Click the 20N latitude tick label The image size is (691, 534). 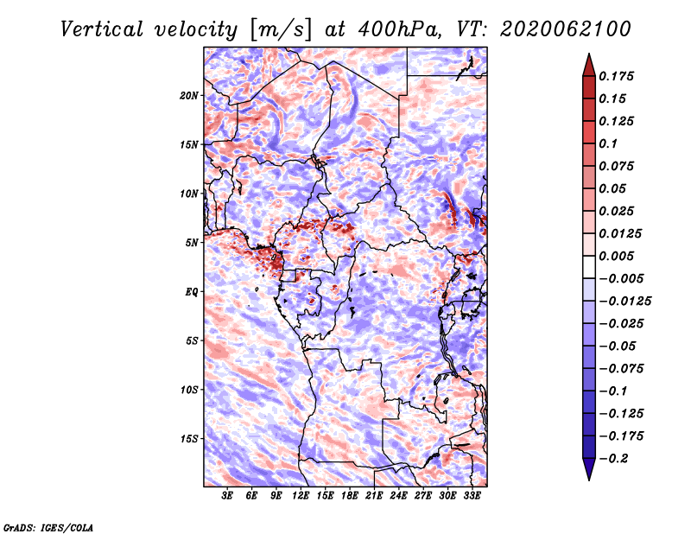tap(189, 96)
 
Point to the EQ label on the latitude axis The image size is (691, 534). tap(192, 292)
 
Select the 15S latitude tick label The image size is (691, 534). tap(189, 439)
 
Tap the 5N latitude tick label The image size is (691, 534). tap(192, 243)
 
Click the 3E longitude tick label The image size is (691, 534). tap(227, 496)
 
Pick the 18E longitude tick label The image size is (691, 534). tap(350, 496)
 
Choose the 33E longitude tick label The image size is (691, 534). tap(472, 496)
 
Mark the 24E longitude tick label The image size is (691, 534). tap(398, 496)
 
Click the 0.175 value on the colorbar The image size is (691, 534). tap(616, 76)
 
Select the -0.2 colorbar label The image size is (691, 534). tap(613, 458)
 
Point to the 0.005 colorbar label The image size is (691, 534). tap(616, 256)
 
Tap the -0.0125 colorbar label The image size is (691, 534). tap(624, 301)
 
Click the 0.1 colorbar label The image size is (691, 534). tap(608, 143)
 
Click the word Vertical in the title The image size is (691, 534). tap(102, 29)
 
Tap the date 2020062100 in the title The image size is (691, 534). tap(566, 29)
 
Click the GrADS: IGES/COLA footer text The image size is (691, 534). tap(48, 527)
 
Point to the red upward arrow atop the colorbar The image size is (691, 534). tap(589, 65)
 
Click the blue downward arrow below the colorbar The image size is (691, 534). tap(589, 469)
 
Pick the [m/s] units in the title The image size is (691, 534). tap(280, 30)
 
